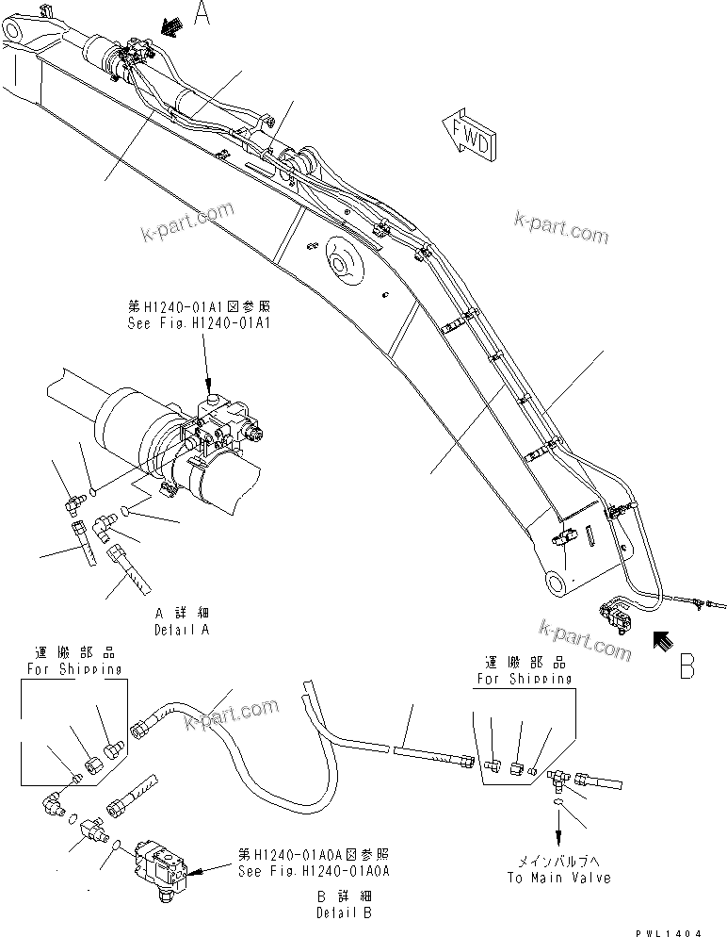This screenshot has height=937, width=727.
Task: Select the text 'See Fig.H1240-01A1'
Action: click(199, 322)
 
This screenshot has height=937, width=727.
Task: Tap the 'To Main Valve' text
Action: click(558, 878)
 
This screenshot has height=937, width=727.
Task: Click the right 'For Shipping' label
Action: click(524, 679)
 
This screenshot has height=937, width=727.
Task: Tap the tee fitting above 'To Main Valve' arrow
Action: click(557, 775)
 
